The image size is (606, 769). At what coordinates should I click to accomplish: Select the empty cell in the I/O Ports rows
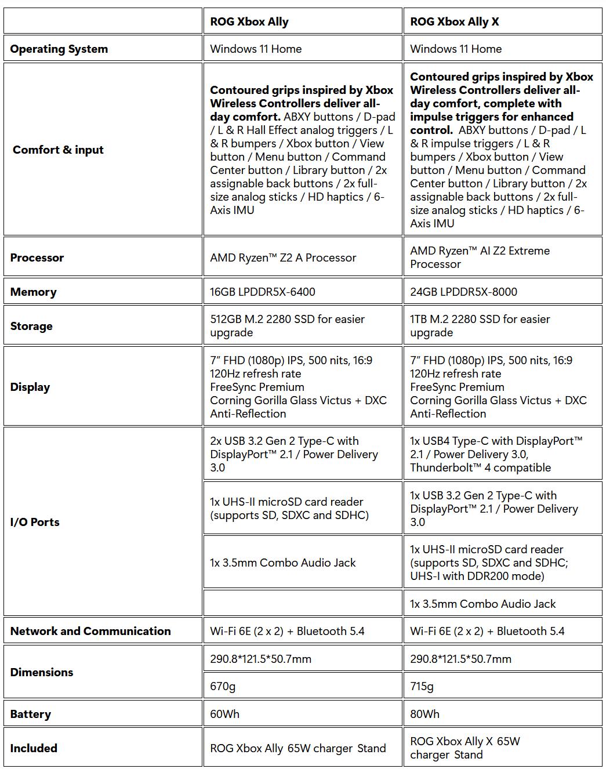click(x=302, y=603)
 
